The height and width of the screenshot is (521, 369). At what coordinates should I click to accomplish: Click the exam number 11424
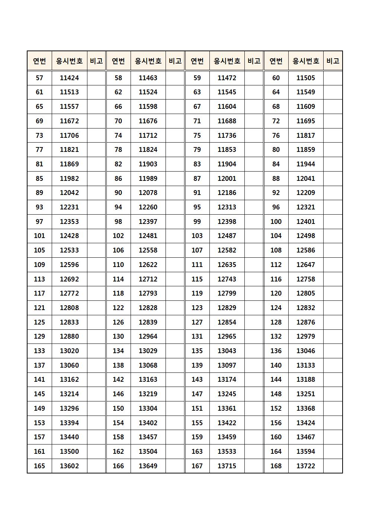click(x=69, y=78)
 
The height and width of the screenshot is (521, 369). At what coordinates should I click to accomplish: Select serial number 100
click(x=276, y=222)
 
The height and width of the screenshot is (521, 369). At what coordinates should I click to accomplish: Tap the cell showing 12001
click(x=227, y=179)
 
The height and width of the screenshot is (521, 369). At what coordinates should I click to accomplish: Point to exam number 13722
click(x=305, y=466)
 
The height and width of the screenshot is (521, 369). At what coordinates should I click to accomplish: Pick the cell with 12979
click(x=305, y=336)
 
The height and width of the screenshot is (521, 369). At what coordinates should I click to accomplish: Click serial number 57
click(x=39, y=78)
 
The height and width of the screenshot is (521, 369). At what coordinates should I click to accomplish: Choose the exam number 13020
click(x=69, y=351)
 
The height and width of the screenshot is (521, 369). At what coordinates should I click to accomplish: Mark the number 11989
click(x=148, y=179)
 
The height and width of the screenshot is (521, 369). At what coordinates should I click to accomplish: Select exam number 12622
click(x=148, y=265)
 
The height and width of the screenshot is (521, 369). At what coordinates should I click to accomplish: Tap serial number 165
click(x=39, y=466)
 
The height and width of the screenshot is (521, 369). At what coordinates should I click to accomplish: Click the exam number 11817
click(x=305, y=136)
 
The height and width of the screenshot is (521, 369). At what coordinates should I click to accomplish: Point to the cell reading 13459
click(x=227, y=437)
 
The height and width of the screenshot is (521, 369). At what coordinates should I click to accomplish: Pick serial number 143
click(x=197, y=380)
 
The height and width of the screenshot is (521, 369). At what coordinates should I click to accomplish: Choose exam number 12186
click(x=227, y=193)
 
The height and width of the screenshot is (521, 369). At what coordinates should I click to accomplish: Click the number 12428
click(x=69, y=236)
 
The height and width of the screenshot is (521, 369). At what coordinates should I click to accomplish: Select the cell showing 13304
click(x=148, y=408)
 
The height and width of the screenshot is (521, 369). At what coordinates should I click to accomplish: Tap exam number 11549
click(x=305, y=92)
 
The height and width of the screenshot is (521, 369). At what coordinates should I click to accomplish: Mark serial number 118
click(x=118, y=293)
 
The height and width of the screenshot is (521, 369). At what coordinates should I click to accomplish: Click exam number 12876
click(x=305, y=322)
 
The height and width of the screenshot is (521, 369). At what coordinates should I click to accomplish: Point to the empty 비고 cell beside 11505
click(x=333, y=78)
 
